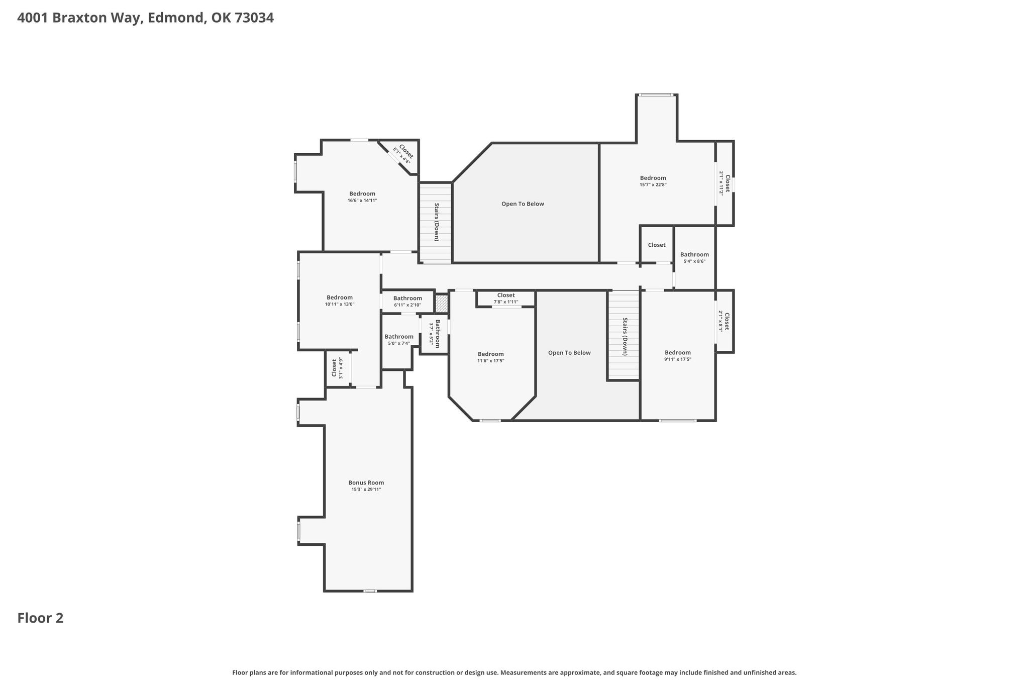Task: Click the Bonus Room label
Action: click(x=366, y=482)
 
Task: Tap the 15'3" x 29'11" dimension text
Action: click(x=366, y=489)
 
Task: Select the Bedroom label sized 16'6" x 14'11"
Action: click(x=362, y=193)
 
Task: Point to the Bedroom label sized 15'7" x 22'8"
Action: click(x=653, y=178)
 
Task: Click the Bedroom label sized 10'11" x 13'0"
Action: click(x=340, y=298)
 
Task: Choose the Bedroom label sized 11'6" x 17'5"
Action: click(x=491, y=354)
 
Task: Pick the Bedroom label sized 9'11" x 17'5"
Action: click(x=678, y=353)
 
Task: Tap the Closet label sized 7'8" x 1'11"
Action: click(x=506, y=295)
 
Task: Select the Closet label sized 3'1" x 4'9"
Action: click(x=334, y=367)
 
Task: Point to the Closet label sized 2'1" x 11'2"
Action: click(x=727, y=183)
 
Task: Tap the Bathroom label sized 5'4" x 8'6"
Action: click(x=694, y=254)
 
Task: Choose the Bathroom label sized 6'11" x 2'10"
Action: click(x=407, y=298)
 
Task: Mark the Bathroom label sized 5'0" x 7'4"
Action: click(x=399, y=337)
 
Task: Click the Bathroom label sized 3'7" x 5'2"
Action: click(x=438, y=334)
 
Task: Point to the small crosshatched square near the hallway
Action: click(x=441, y=304)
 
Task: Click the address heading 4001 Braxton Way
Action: click(x=82, y=18)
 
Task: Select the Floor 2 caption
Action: click(x=40, y=618)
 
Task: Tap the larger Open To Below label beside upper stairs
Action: click(x=523, y=204)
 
